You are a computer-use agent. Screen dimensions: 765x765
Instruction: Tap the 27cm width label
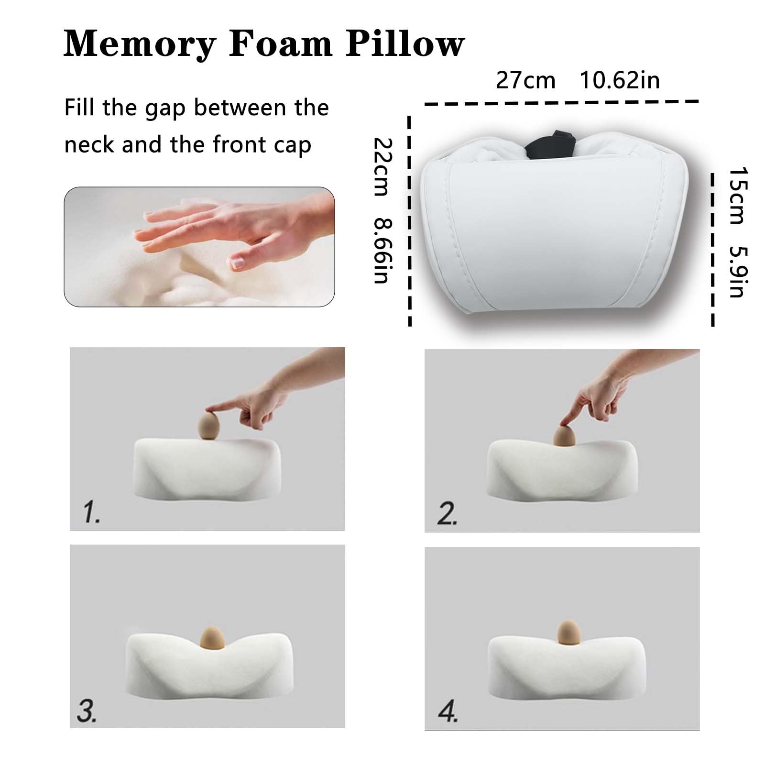click(x=525, y=80)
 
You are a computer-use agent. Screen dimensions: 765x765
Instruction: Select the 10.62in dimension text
click(x=620, y=80)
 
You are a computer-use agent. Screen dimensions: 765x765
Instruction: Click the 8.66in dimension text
click(x=383, y=251)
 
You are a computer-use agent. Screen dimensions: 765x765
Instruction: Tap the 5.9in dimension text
click(x=738, y=271)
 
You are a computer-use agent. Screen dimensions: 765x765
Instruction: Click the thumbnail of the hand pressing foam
click(x=199, y=246)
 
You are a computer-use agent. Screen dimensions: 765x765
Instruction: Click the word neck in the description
click(x=90, y=144)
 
